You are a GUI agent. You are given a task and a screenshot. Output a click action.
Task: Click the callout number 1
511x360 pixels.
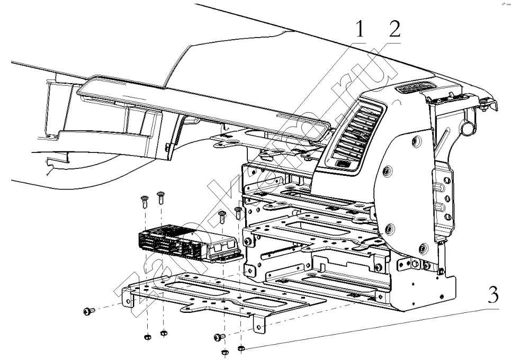(x=360, y=31)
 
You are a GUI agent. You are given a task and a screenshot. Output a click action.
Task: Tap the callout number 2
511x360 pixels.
(x=394, y=30)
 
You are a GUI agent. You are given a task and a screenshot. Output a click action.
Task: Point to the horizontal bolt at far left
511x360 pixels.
(x=88, y=311)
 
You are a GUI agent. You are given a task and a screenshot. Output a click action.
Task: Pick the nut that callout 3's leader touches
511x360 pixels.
(x=241, y=348)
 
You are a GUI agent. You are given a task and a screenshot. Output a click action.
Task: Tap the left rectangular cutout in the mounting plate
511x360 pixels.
(x=188, y=289)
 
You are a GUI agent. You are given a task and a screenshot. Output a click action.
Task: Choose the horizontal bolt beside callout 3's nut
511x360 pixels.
(x=219, y=336)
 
